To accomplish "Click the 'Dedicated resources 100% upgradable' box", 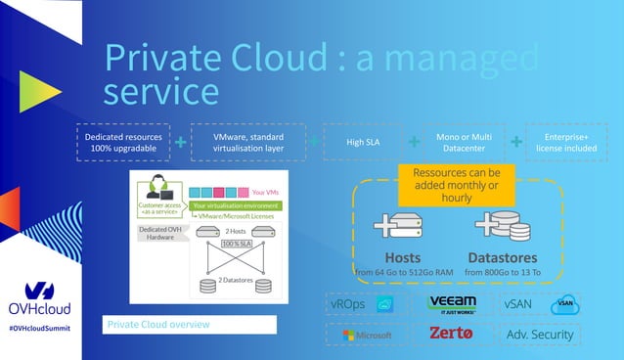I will click(123, 143).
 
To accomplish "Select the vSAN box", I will click(540, 304).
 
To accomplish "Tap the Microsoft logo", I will click(366, 335).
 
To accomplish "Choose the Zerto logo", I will click(451, 335).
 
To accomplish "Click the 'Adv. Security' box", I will click(540, 335).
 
